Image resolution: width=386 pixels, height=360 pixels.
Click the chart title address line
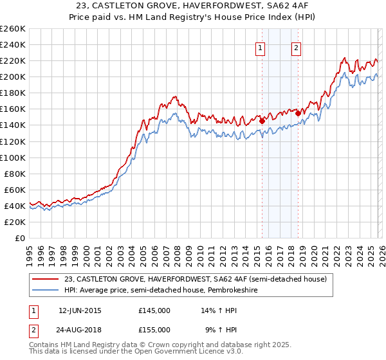pos(193,6)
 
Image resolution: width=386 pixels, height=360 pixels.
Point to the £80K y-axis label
pos(14,174)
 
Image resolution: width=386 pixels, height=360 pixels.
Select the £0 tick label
pos(19,238)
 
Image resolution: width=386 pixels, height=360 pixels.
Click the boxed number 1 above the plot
pos(261,47)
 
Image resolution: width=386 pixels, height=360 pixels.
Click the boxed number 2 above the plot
pos(297,47)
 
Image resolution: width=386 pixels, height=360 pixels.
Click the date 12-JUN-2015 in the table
pos(80,310)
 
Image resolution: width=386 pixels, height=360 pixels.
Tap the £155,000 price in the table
pos(154,329)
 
